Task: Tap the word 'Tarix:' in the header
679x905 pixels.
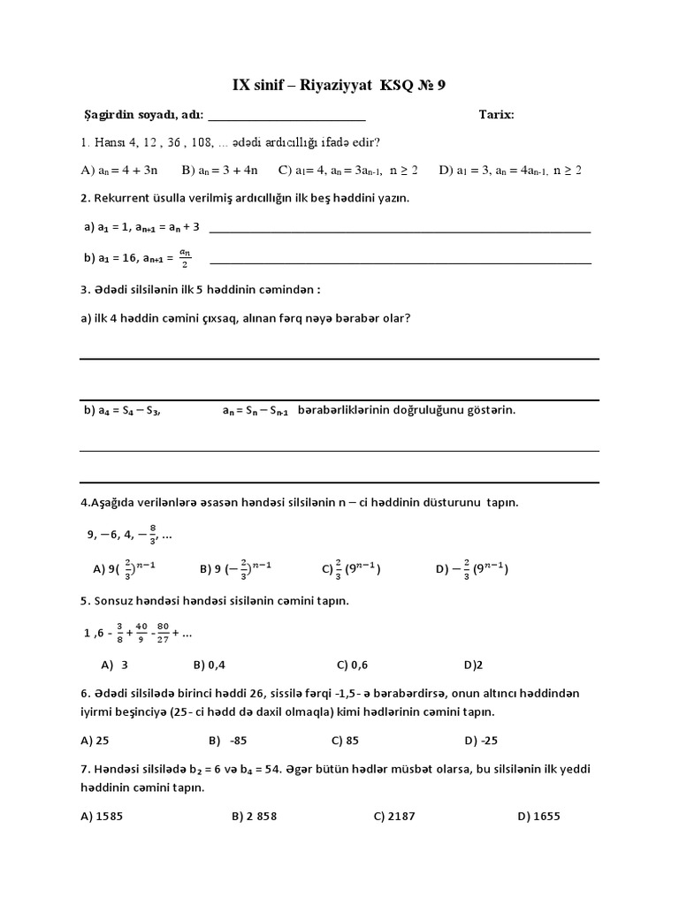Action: point(496,115)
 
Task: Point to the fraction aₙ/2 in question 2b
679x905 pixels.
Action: point(185,257)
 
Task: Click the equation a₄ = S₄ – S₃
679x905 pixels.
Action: point(129,411)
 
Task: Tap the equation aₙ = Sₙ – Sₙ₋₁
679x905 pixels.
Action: point(255,411)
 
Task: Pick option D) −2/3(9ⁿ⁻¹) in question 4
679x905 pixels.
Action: point(471,569)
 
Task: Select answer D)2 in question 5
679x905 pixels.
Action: point(472,664)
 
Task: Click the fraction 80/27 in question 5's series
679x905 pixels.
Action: point(163,633)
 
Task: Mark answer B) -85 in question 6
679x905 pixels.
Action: point(229,740)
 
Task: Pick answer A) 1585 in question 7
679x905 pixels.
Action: point(102,816)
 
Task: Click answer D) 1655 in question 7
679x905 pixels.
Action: point(538,816)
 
